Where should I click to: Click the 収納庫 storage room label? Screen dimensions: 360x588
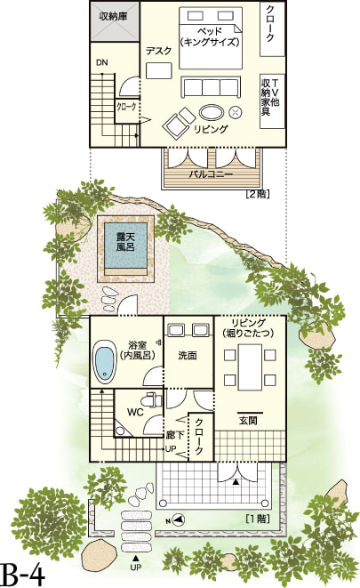click(113, 17)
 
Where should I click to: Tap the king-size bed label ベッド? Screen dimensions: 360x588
click(210, 31)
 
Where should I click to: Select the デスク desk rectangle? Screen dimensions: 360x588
click(159, 70)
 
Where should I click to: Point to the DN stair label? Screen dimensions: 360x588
click(102, 62)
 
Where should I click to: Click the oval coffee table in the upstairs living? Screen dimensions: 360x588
click(212, 112)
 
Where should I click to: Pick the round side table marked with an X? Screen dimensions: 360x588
click(236, 112)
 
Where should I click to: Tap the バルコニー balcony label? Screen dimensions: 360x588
click(211, 174)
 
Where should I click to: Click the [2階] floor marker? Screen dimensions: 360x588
click(258, 194)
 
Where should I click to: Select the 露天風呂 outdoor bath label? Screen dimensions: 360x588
click(125, 242)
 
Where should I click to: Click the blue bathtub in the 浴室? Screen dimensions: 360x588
click(104, 361)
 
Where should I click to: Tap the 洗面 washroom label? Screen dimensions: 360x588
click(188, 355)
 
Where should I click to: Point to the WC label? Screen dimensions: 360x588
click(135, 413)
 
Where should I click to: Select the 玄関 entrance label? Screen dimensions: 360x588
click(248, 421)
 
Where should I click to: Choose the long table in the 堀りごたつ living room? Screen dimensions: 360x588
click(251, 367)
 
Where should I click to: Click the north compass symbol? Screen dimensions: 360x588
click(177, 520)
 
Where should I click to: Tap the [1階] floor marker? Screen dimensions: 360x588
click(258, 519)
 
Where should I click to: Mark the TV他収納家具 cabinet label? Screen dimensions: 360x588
click(270, 97)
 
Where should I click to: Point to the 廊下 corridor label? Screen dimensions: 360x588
click(175, 435)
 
